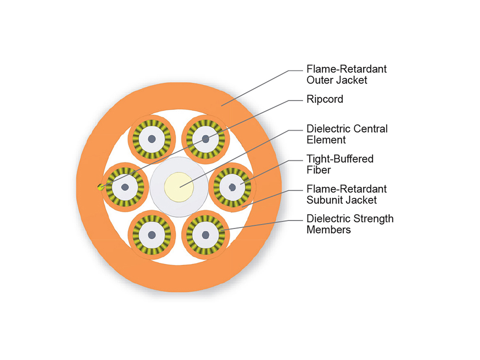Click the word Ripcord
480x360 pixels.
(324, 99)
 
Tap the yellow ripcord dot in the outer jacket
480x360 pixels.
(99, 187)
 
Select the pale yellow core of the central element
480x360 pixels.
(179, 186)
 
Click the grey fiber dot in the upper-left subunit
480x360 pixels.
(152, 139)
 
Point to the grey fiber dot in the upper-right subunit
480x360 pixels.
(206, 139)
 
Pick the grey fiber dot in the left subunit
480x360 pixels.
(125, 186)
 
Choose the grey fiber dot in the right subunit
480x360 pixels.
(232, 186)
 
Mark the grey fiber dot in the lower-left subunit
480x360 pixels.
(152, 234)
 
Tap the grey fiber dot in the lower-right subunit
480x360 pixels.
(206, 234)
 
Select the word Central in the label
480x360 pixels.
(370, 129)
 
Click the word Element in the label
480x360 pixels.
(326, 140)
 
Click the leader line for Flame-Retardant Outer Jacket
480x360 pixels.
(256, 88)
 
